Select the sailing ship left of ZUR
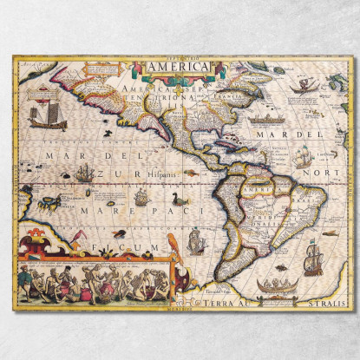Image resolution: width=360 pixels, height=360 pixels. tap(83, 173)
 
